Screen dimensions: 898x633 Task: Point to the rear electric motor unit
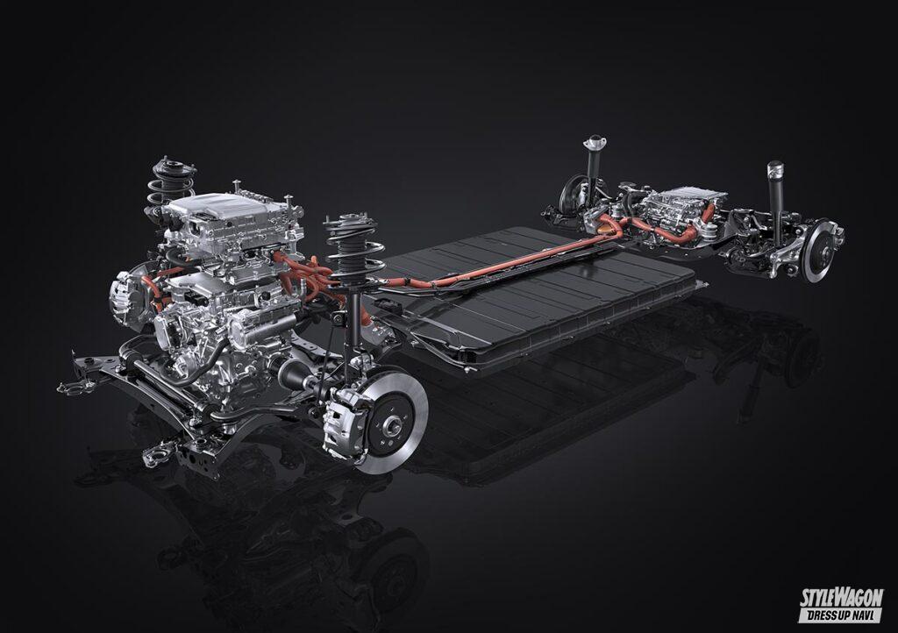click(676, 215)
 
